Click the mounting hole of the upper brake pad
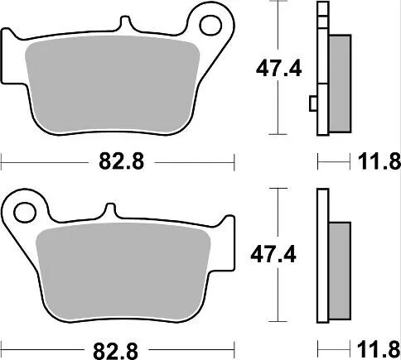click(219, 25)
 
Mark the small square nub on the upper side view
click(312, 103)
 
